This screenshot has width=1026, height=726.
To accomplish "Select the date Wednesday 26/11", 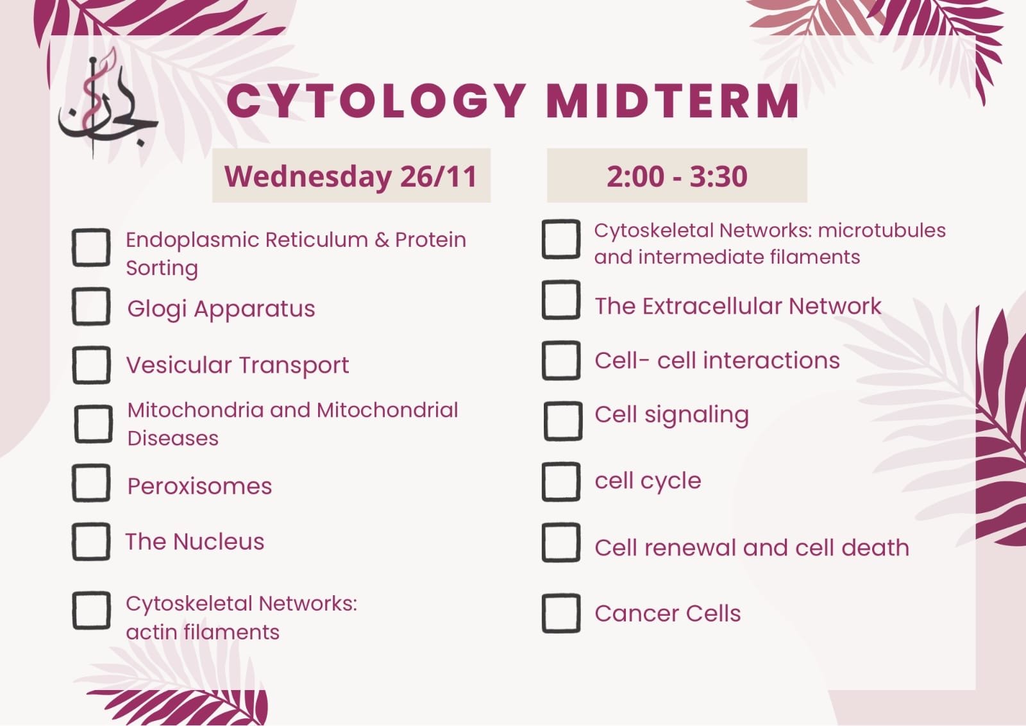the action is coord(351,176).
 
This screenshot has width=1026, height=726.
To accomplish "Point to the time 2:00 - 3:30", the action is coord(677,176).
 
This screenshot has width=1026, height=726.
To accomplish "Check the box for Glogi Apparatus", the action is coord(91,307).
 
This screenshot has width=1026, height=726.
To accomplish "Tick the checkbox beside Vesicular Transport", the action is coord(91,365).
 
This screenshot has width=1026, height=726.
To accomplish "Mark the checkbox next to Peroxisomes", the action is coord(91,483).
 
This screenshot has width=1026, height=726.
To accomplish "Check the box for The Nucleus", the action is coord(91,541).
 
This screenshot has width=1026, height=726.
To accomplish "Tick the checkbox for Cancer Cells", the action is coord(561,613).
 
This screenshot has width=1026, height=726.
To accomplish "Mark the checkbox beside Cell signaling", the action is coord(563,421).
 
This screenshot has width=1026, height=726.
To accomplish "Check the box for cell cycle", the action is coord(561,482).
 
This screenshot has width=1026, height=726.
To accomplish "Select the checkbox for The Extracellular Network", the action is coord(561,300).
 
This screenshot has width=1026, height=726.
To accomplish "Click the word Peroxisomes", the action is coord(199,486).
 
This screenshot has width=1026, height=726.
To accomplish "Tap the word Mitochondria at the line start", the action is coord(196,410).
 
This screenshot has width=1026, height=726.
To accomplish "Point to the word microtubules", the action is coord(882,230).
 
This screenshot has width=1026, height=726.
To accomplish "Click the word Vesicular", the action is coord(179,365).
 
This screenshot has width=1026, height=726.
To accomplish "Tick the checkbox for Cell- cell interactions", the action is coord(561,360).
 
